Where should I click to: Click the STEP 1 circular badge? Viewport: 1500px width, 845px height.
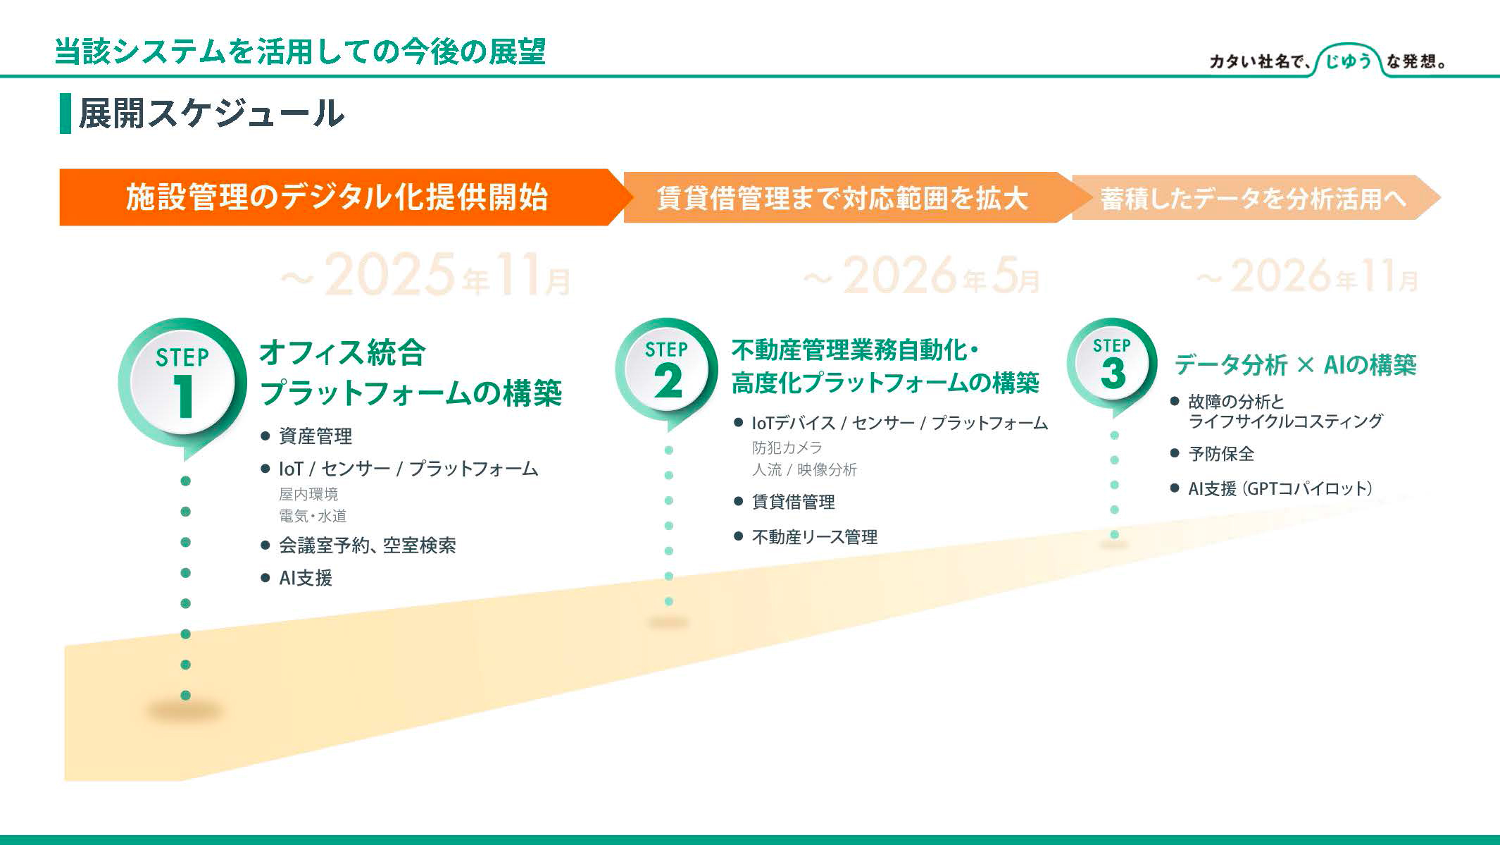(182, 384)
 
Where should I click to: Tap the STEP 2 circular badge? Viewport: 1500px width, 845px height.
(666, 370)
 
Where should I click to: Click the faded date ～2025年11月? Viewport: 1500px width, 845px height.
(425, 276)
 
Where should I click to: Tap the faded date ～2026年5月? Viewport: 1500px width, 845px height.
(921, 276)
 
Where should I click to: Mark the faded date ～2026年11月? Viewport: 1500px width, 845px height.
(1307, 276)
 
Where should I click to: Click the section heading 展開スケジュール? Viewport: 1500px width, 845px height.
(211, 113)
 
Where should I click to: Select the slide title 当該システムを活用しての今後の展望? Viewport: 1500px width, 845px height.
(301, 51)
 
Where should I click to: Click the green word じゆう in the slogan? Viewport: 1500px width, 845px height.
(1348, 61)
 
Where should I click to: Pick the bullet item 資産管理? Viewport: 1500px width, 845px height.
(315, 436)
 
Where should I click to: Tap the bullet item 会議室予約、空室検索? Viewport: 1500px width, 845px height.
(368, 545)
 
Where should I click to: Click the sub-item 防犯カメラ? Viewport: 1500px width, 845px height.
(787, 448)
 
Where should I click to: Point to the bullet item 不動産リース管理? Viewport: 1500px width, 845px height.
(815, 537)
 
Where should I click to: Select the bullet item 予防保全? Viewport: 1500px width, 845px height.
(1221, 454)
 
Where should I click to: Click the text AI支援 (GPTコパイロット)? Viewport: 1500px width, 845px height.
(1280, 488)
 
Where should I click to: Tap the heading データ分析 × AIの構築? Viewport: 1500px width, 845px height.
(1295, 364)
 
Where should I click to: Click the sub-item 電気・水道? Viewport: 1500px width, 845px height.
(313, 516)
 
